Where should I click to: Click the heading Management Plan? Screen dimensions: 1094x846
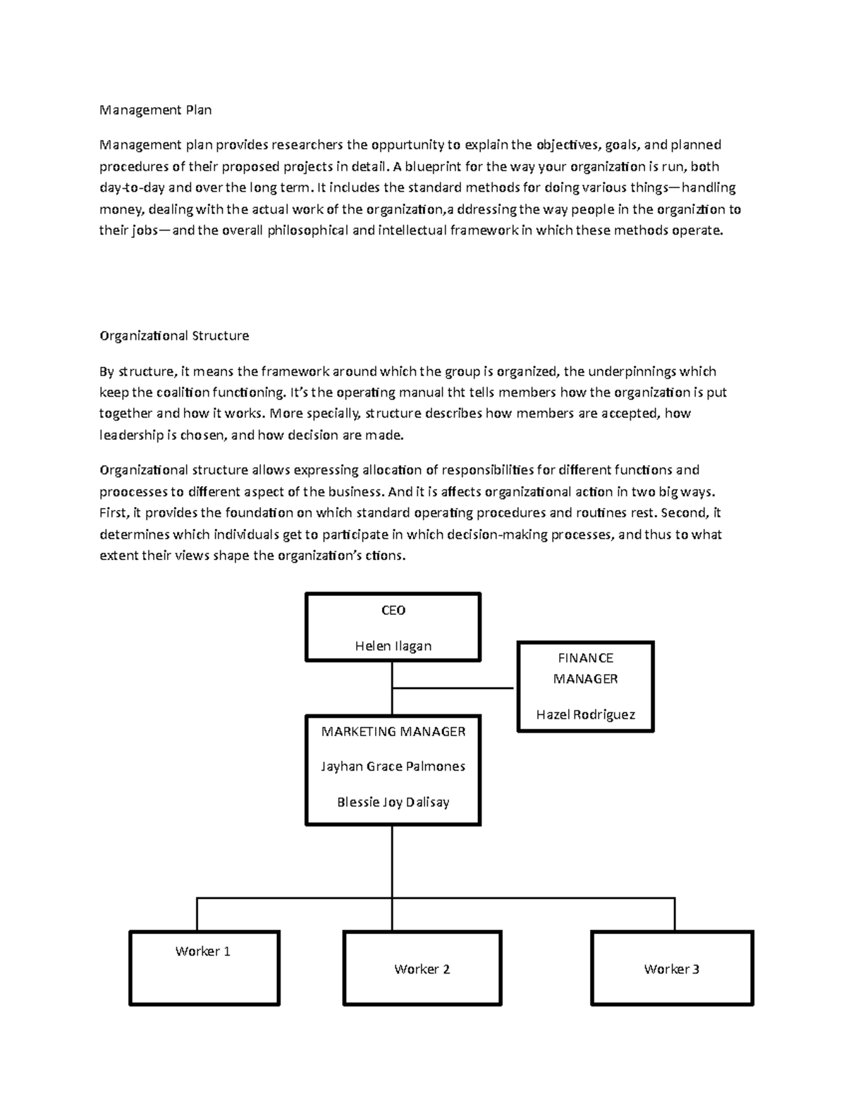(x=155, y=110)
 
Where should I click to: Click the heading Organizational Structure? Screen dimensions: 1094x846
(x=174, y=336)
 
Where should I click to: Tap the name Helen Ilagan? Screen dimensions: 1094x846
(x=393, y=646)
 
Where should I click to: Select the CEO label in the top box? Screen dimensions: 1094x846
(x=393, y=611)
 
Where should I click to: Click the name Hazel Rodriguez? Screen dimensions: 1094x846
(x=585, y=714)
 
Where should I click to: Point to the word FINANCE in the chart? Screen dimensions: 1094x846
(x=585, y=658)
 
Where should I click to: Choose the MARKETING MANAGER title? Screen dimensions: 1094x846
(x=393, y=732)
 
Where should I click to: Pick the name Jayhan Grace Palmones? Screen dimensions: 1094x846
(x=393, y=766)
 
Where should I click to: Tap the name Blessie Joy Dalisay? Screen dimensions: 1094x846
(x=393, y=802)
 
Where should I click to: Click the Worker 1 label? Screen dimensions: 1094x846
(x=203, y=952)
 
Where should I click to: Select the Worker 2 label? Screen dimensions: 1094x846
(x=422, y=969)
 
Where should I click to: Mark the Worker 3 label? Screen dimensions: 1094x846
(x=671, y=969)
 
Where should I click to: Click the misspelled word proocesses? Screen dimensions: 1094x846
(x=133, y=492)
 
